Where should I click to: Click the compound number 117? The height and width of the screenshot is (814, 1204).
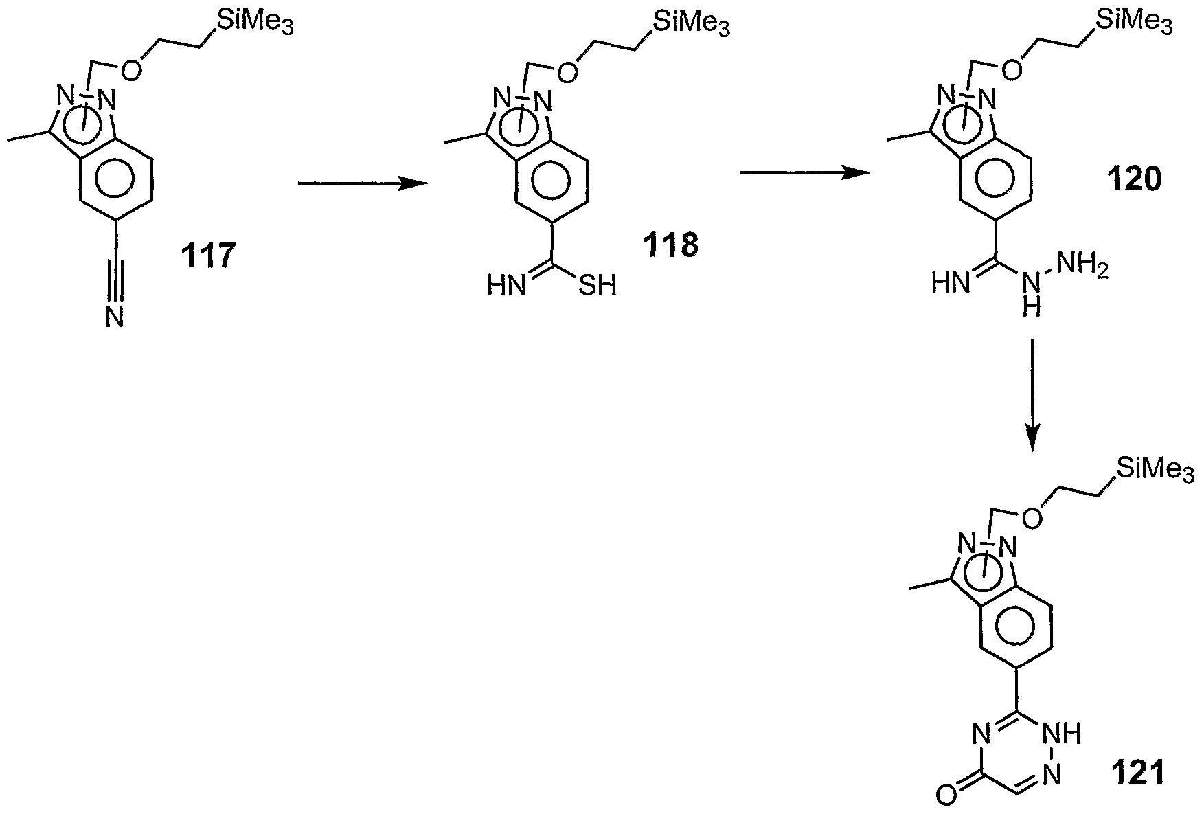208,257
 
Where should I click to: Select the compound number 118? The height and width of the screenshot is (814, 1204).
670,245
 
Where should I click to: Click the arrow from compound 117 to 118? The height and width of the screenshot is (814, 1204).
361,183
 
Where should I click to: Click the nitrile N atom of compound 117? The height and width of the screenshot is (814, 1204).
115,317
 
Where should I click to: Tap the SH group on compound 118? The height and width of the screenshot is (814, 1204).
597,285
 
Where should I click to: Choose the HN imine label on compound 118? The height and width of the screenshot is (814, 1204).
507,285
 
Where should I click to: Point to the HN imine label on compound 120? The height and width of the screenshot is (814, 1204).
952,283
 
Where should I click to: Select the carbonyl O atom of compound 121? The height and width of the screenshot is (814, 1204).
945,797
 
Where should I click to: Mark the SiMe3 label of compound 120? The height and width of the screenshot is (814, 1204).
1133,21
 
